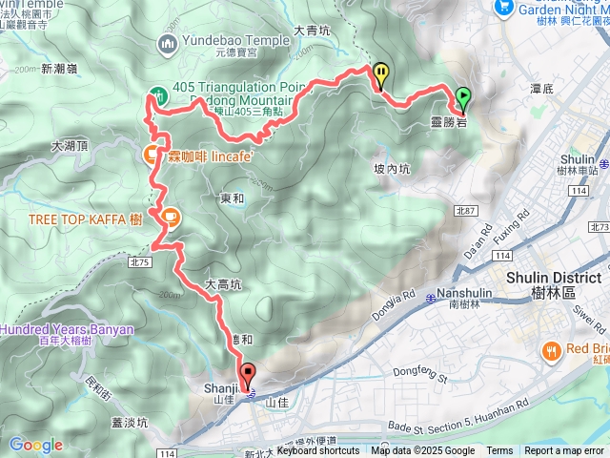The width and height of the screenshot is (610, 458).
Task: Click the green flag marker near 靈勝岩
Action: (463, 96)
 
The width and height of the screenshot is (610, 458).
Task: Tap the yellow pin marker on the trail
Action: (381, 73)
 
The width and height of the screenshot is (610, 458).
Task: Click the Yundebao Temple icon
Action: (168, 42)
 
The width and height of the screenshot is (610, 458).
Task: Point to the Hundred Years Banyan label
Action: (67, 329)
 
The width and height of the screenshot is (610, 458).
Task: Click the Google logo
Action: (35, 445)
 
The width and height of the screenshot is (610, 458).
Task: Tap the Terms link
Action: (499, 451)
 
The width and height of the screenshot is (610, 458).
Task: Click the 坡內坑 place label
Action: (392, 168)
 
